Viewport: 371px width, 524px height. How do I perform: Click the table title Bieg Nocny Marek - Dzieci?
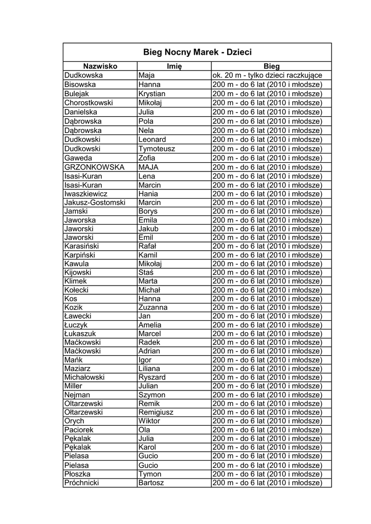point(198,52)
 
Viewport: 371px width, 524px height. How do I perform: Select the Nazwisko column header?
point(100,66)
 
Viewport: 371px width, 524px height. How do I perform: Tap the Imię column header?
point(174,66)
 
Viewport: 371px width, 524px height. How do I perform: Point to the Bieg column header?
point(272,66)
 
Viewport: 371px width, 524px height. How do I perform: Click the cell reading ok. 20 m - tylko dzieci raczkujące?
point(267,75)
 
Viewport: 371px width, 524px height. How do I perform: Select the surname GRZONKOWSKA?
point(95,167)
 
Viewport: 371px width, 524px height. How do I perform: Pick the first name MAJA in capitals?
point(149,167)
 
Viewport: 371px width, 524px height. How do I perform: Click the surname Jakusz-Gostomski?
point(95,202)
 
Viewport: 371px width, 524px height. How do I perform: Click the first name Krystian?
point(152,94)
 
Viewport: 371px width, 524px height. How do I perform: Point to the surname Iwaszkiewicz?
point(86,193)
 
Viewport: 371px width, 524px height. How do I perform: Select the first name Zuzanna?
point(152,308)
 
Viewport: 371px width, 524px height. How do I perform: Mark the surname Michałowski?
point(84,377)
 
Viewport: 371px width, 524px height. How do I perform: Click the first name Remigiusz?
point(156,412)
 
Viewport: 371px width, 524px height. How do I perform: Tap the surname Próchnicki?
point(82,483)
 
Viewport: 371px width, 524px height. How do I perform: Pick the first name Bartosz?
point(151,483)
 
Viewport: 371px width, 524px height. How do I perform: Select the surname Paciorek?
point(79,430)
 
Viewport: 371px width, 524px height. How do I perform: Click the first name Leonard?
point(152,139)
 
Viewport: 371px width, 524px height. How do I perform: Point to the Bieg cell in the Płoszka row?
point(267,474)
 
